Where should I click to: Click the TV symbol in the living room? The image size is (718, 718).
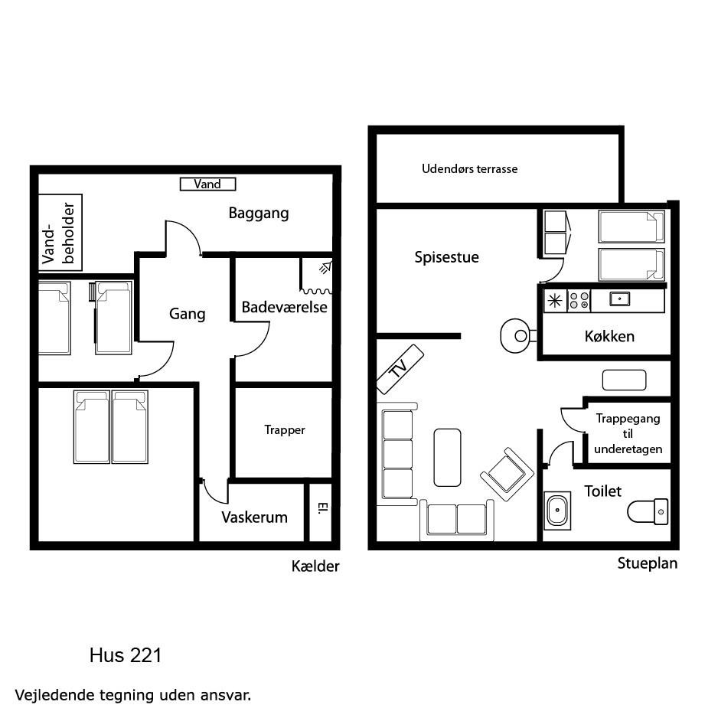pos(400,369)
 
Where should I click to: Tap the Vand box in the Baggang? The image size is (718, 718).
pos(208,184)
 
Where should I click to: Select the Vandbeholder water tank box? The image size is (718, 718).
pos(60,233)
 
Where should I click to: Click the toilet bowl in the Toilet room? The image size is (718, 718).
pos(648,511)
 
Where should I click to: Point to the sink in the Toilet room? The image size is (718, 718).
pos(557,511)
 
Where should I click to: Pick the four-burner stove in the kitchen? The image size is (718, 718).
pos(579,301)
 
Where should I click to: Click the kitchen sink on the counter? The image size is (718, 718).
pos(619,299)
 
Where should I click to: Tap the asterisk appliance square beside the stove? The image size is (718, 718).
pos(555,301)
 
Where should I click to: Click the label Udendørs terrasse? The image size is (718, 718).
pos(469,169)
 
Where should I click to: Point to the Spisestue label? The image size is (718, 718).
pos(446,257)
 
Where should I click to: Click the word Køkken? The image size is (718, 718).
pos(609,337)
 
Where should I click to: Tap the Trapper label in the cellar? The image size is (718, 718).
pos(284,430)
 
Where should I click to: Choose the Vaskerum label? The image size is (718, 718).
pos(255,517)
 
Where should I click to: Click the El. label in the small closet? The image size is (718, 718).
pos(323,507)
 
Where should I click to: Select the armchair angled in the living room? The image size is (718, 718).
pos(507,475)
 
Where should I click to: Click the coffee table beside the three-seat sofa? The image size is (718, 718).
pos(447,458)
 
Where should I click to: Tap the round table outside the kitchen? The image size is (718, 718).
pos(516,335)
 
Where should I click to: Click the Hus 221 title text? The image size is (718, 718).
pos(126,656)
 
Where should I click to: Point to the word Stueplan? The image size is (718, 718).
pos(648,563)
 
